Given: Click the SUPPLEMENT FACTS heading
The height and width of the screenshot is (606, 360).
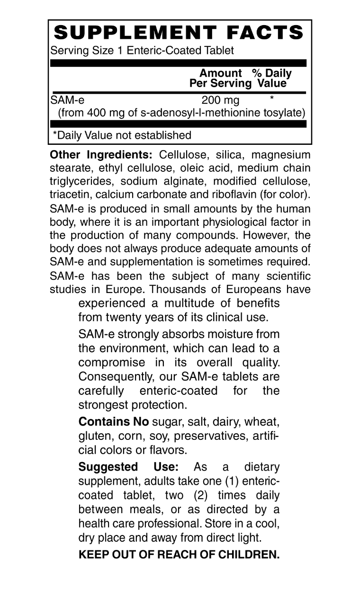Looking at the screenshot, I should click(x=179, y=33).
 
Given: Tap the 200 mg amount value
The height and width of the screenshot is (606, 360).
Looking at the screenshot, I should click(x=220, y=100).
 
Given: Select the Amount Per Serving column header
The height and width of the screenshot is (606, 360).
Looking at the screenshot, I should click(x=220, y=79).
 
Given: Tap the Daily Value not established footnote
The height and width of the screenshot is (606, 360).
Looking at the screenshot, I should click(x=122, y=135).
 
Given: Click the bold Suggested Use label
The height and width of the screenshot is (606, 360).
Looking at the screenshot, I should click(x=128, y=467).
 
